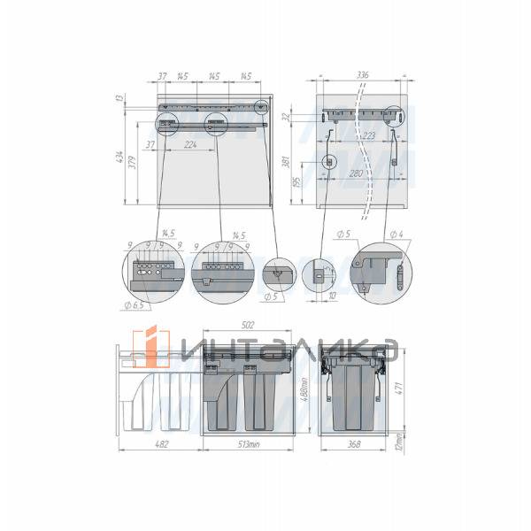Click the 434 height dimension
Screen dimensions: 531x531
pyautogui.click(x=119, y=159)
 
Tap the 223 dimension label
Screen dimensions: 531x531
pyautogui.click(x=369, y=135)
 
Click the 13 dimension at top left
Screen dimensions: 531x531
pyautogui.click(x=119, y=99)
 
